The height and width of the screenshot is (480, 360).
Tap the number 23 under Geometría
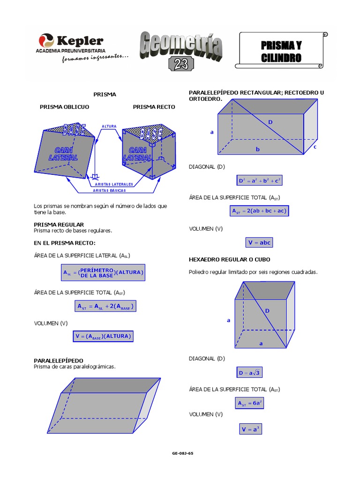181,65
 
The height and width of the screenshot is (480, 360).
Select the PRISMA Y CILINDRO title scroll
281,51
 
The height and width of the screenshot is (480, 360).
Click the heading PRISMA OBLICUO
64,107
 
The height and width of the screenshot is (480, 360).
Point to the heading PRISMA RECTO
154,107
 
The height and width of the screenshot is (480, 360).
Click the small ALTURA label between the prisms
109,127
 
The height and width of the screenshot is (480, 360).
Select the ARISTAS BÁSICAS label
109,191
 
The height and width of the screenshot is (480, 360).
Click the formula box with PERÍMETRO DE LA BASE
103,272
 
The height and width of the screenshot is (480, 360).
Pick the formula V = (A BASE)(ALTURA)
103,336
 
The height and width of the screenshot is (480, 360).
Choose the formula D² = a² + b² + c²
260,180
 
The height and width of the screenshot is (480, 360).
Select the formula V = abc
259,242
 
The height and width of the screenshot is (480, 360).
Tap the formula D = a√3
249,373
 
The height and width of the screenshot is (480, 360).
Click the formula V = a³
250,429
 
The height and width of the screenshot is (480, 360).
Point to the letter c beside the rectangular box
315,147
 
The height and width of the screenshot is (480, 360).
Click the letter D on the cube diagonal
268,311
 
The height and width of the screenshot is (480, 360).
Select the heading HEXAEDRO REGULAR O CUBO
229,259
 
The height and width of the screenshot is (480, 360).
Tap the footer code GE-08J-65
183,453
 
